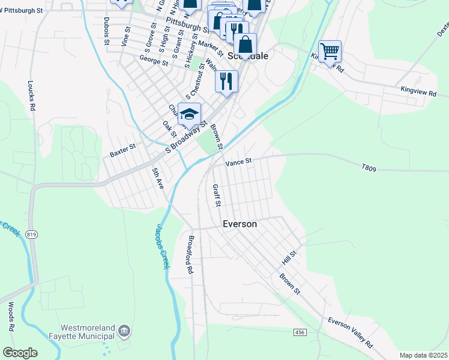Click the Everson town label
point(240,224)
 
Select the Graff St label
point(217,196)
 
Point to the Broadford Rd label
point(190,255)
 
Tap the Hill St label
point(289,259)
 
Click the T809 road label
point(369,169)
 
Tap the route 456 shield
point(300,332)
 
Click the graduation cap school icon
point(189,114)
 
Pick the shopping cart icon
point(330,51)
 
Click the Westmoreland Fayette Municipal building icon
point(124,330)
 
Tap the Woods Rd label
point(11,316)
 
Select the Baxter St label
point(122,150)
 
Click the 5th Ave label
point(158,179)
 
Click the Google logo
point(20,353)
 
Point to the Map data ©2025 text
point(423,355)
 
